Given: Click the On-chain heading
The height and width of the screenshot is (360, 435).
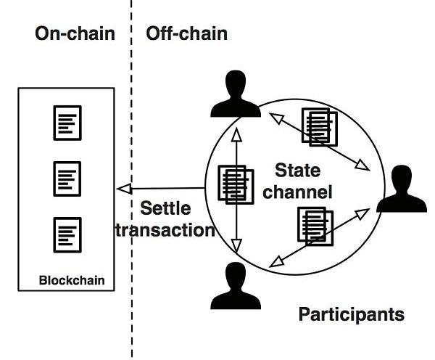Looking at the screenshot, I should click(75, 33).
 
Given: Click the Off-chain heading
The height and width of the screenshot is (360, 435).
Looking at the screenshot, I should click(186, 33).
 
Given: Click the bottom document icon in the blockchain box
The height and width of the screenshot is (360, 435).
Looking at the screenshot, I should click(67, 234).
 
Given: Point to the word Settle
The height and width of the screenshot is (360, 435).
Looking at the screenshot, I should click(166, 209).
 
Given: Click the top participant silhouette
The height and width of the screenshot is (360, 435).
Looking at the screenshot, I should click(235, 94).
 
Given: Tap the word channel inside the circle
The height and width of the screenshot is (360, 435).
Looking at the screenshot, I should click(302, 192).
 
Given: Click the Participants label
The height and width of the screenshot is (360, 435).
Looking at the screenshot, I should click(352, 315).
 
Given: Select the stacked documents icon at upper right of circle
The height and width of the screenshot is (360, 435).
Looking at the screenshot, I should click(320, 127).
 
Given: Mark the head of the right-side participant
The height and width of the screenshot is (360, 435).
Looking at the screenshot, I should click(402, 176).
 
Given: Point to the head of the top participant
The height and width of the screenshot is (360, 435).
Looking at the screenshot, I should click(235, 83).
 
